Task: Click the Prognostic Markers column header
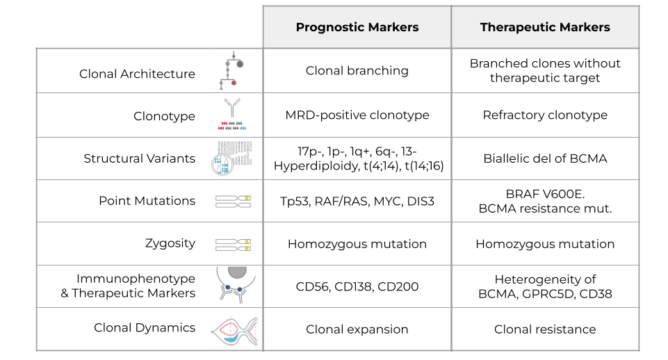point(357,27)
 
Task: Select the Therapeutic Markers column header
point(545,27)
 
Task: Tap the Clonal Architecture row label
point(137,74)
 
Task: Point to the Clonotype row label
point(164,116)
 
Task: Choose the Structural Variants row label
point(139,158)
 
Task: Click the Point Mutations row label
point(147,201)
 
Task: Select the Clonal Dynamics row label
point(145,327)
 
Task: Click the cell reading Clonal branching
point(357,70)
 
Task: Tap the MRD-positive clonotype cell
point(357,115)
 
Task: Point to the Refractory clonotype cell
point(545,115)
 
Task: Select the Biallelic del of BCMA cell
point(545,158)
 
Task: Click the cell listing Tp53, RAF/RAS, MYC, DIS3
point(357,201)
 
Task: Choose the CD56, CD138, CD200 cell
point(357,286)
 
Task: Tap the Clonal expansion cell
point(357,329)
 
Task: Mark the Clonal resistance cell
point(545,329)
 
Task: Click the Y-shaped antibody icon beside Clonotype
point(232,108)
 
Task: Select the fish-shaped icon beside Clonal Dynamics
point(234,329)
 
